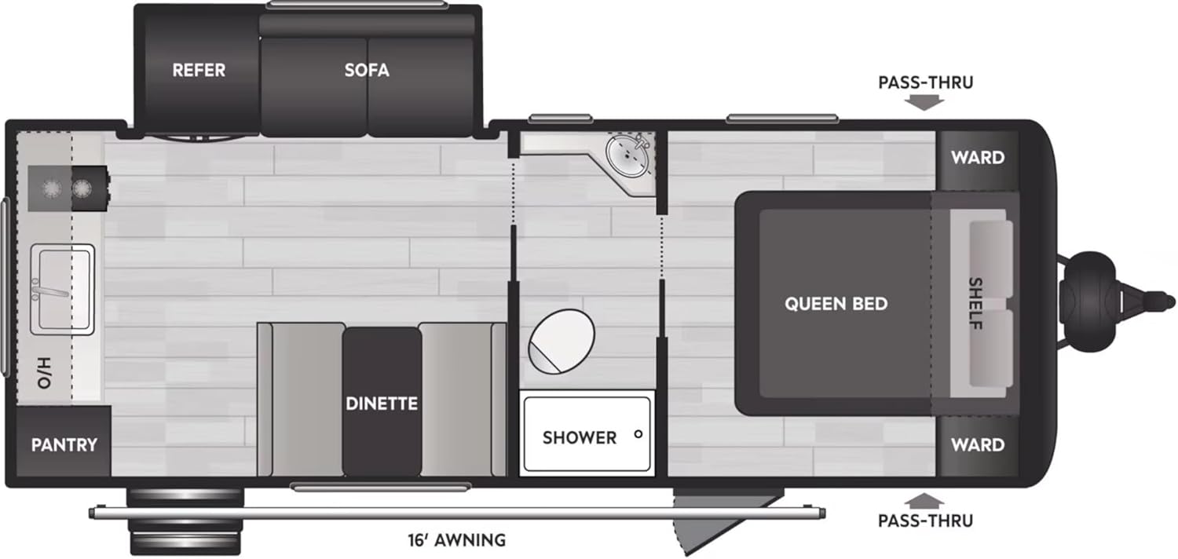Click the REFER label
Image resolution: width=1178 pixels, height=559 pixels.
[199, 70]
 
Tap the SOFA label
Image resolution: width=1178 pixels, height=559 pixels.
[367, 70]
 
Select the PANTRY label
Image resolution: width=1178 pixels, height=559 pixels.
[64, 444]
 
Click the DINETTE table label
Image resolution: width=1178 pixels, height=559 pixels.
[382, 404]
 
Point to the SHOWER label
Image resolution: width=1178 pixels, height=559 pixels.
[580, 437]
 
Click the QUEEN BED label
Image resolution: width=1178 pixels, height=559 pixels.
[836, 303]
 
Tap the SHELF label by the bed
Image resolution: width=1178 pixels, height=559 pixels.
[975, 303]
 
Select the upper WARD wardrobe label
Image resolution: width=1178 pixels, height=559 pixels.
[978, 157]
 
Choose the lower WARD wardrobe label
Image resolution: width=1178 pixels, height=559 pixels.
[978, 444]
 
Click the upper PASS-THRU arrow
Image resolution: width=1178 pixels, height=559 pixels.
[925, 102]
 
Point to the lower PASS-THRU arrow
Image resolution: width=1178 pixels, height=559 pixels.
[925, 499]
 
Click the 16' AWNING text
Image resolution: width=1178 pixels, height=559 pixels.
[456, 539]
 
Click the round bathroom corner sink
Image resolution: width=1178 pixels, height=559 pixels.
[628, 155]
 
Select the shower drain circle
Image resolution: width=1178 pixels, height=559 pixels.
[638, 433]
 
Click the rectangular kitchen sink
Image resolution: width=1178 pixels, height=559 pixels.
[62, 287]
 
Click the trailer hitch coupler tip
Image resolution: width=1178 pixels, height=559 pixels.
[1168, 301]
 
